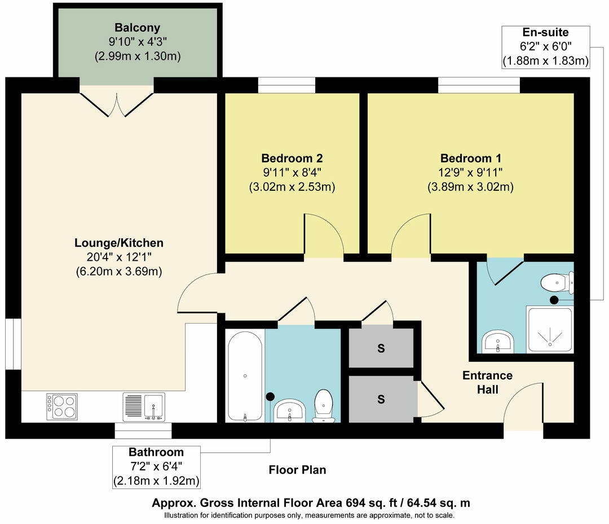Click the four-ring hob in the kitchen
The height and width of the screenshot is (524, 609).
click(62, 406)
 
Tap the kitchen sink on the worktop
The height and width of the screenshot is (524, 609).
click(144, 407)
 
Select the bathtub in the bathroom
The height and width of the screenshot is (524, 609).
click(245, 376)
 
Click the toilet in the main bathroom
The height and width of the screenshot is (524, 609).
click(324, 406)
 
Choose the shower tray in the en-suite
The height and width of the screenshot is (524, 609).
click(550, 330)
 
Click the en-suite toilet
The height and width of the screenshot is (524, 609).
click(557, 282)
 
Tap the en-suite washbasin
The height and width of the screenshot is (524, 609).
click(498, 342)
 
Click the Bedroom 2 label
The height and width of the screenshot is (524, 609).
click(292, 158)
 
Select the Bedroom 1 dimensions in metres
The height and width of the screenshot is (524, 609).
click(471, 187)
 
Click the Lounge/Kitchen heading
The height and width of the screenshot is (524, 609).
click(119, 243)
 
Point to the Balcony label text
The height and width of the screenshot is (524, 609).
click(138, 28)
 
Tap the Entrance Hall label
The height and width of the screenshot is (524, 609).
click(487, 382)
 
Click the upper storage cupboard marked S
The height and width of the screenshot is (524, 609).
click(381, 348)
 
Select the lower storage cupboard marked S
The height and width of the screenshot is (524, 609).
click(381, 399)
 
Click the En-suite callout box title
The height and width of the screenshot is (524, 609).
click(545, 32)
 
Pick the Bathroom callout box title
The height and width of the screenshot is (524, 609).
click(156, 452)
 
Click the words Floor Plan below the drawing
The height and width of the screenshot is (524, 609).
click(298, 470)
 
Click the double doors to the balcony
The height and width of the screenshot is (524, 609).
click(117, 104)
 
